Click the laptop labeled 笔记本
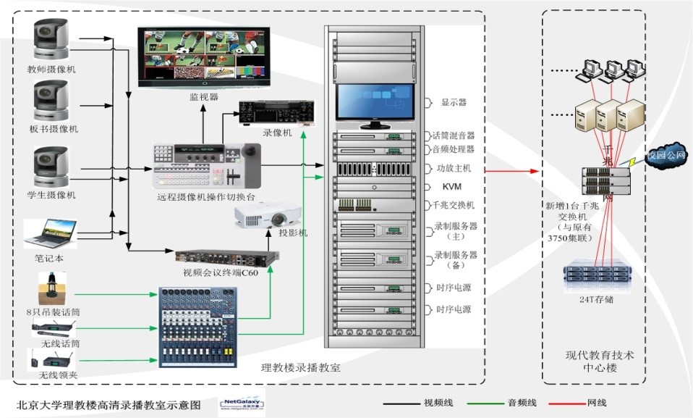click(x=49, y=233)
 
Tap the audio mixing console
click(x=197, y=324)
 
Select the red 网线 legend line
click(x=561, y=403)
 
